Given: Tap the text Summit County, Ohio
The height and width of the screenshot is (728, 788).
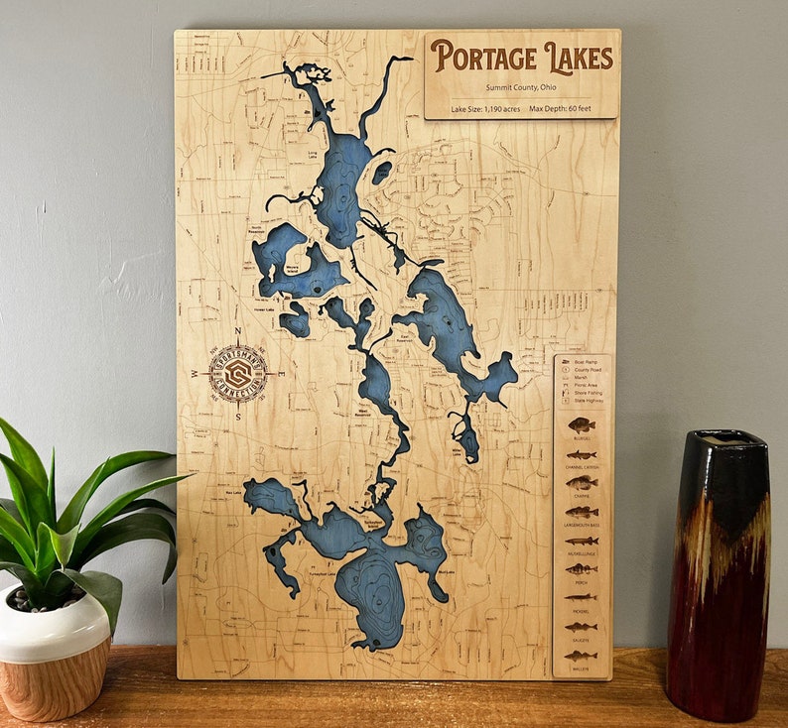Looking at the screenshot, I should coord(522,87).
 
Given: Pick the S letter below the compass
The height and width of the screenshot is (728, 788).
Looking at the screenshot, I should coord(238,417).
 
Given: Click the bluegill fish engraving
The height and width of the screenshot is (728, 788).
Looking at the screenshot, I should coord(582,425).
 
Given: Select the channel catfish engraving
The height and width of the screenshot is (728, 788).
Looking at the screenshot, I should coord(582,455).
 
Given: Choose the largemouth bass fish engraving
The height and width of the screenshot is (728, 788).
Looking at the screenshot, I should coord(582,512).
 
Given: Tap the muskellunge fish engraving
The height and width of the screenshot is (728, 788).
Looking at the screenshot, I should coord(582,541).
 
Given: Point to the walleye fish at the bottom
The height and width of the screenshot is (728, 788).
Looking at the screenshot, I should coord(582,656).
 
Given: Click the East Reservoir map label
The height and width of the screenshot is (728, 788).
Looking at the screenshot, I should coord(405,337).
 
